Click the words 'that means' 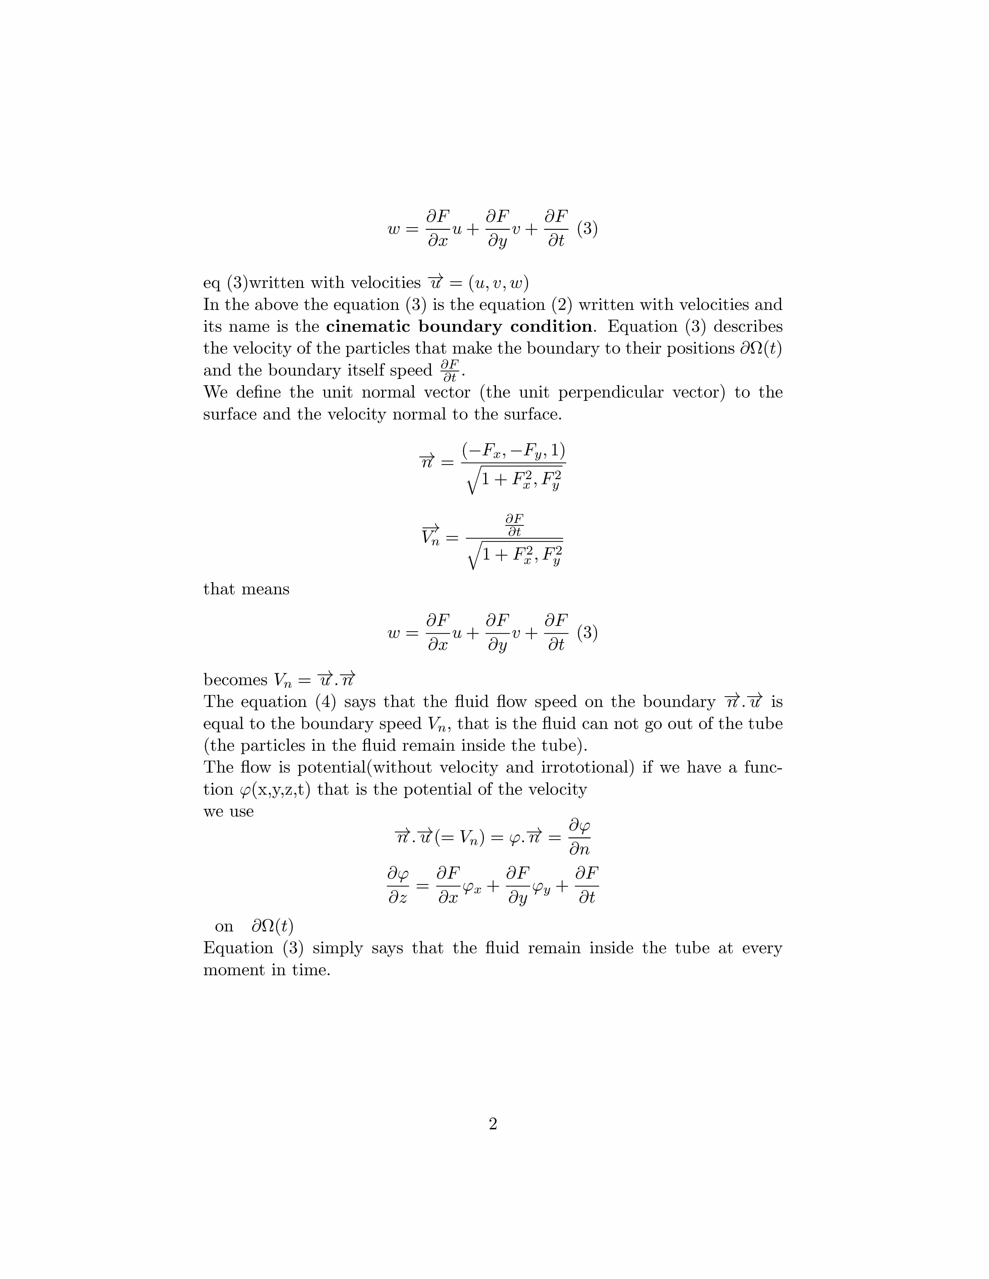[246, 589]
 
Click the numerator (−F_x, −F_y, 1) [513, 451]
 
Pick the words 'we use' [228, 812]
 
